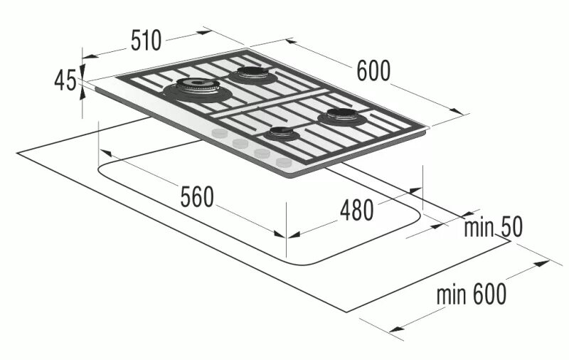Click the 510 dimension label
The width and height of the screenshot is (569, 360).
147,41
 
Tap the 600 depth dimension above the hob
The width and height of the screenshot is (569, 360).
373,70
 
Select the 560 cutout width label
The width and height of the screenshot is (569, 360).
196,197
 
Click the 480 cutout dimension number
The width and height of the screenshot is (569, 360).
356,210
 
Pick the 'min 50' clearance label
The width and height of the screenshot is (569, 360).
493,228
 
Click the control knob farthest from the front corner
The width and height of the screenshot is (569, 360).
220,134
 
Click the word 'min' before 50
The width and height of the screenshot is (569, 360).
479,228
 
